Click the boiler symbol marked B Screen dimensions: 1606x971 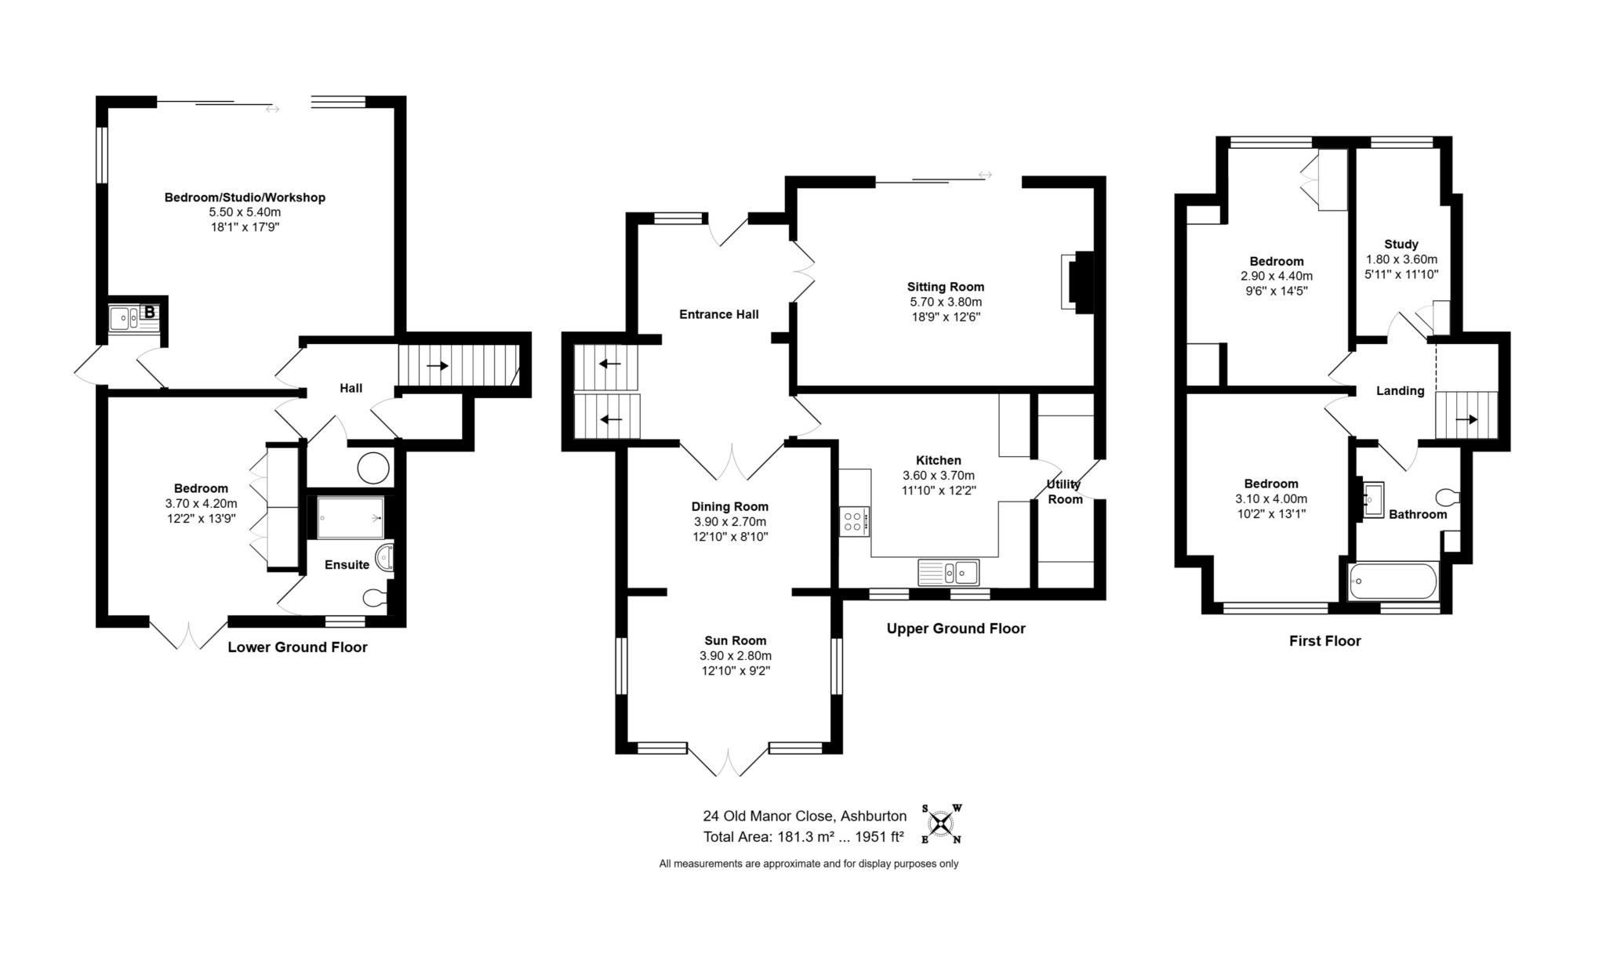(150, 313)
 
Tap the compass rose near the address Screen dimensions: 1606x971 (941, 824)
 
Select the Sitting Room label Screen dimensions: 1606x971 (945, 287)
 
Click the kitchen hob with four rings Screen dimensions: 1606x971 (854, 521)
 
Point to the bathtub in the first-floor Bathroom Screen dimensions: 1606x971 (1393, 582)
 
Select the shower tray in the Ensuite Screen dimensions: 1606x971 (351, 517)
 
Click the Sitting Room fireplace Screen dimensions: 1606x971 (1077, 281)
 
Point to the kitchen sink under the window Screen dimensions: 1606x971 (948, 573)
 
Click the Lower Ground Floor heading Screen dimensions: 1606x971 (297, 647)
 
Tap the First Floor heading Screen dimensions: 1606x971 (1325, 641)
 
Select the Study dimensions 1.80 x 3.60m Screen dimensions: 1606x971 (1401, 259)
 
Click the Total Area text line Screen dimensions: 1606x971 (804, 837)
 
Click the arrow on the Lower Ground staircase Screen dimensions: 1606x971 (438, 366)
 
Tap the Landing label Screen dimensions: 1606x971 (1401, 391)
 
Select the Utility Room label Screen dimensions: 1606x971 (1065, 492)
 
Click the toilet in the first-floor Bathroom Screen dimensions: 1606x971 (1448, 497)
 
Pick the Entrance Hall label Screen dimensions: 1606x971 (719, 314)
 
